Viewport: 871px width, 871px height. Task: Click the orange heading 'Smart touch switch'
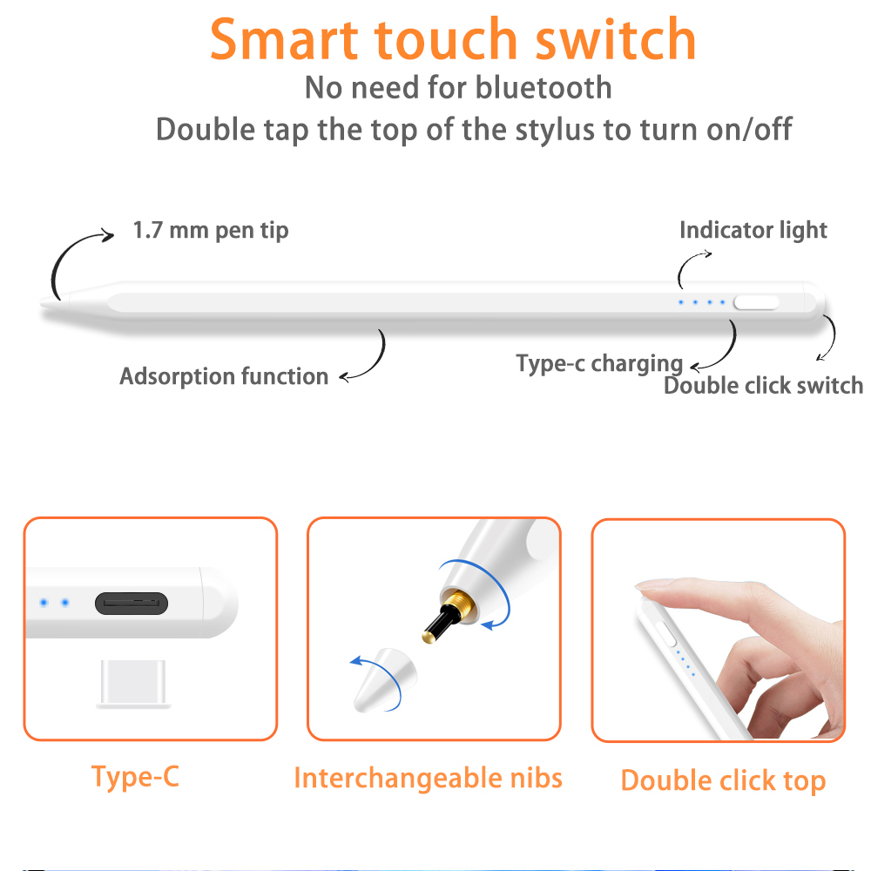point(453,39)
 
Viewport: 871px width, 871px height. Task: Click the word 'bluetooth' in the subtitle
point(544,87)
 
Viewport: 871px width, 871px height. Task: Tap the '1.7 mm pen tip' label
point(211,230)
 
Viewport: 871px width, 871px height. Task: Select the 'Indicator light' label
point(753,230)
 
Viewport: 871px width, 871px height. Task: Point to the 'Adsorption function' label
point(224,376)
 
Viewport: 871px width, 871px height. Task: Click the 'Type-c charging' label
point(599,364)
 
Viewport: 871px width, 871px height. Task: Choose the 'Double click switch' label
point(763,386)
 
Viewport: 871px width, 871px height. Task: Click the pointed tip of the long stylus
point(42,303)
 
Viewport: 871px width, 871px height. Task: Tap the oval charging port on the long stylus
point(756,302)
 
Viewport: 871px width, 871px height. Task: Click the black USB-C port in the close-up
point(132,604)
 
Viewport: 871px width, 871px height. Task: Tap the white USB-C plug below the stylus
point(132,684)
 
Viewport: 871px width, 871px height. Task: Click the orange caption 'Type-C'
point(136,777)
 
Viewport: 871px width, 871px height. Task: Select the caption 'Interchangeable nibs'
point(428,778)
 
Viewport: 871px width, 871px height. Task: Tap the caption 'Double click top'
point(723,780)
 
